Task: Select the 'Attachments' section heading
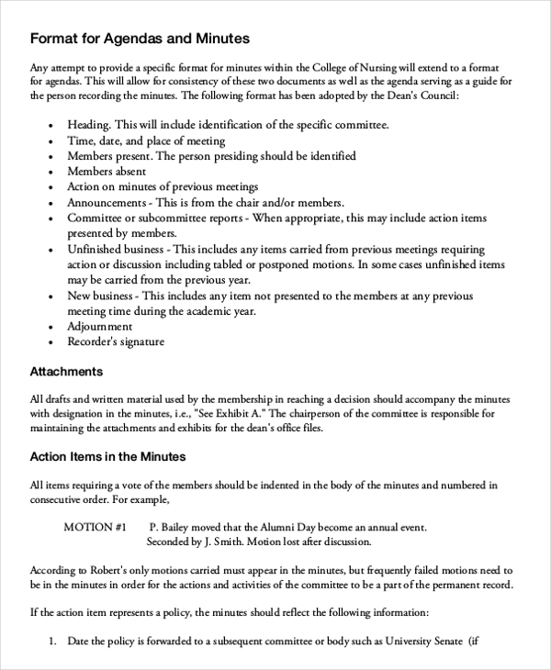coord(66,372)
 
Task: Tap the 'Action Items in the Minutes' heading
coord(108,456)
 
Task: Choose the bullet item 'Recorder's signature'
coord(116,341)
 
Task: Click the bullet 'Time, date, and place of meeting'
coord(146,140)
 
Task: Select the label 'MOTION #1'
coord(95,528)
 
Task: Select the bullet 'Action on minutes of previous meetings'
coord(163,187)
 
